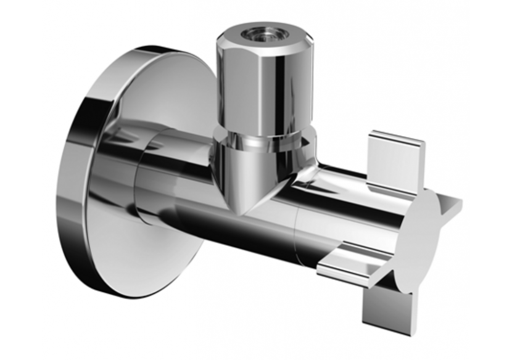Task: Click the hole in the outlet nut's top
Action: point(255,32)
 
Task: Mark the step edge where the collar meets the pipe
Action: point(139,185)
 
